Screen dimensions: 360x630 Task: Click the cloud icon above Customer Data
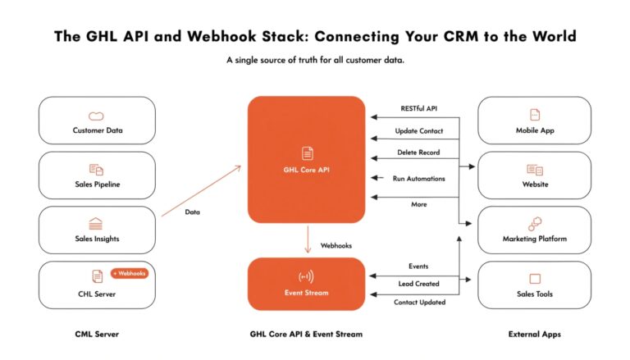[97, 115]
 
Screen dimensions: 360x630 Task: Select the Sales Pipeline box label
[97, 185]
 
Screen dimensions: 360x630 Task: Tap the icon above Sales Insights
[97, 223]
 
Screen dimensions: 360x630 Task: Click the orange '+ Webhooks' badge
[129, 273]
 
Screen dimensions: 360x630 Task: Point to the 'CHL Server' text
[97, 294]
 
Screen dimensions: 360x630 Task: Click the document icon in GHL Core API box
[307, 153]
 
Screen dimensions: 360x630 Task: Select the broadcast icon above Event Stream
[306, 276]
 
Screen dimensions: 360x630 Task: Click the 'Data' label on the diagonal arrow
[192, 212]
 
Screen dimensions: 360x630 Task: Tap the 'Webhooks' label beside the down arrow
[336, 244]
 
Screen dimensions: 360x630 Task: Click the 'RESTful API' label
[418, 108]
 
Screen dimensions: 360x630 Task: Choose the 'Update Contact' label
[418, 131]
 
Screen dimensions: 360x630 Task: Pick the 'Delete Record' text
[418, 153]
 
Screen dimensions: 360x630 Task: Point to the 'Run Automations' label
[418, 178]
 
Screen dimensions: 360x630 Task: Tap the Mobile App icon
[535, 115]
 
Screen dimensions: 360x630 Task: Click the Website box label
[535, 185]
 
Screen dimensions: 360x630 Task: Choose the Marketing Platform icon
[535, 223]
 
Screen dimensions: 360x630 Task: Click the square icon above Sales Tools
[535, 279]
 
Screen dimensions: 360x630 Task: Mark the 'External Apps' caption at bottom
[534, 335]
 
